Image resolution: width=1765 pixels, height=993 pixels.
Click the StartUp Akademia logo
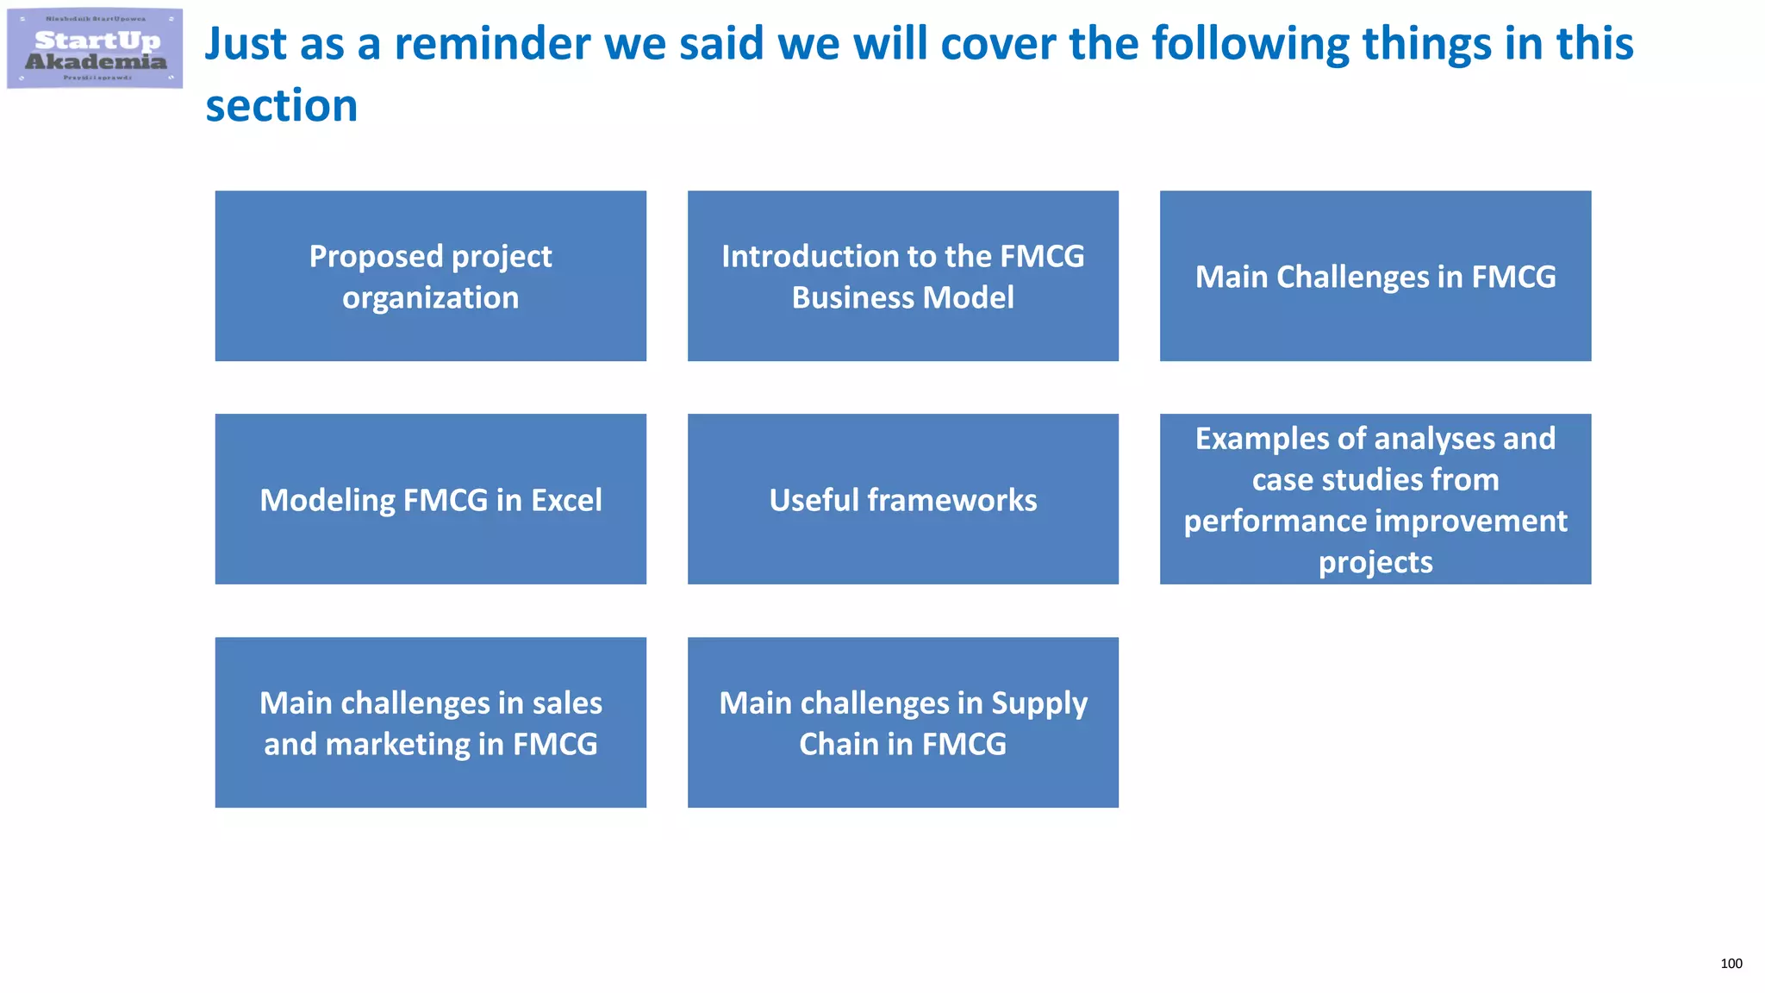[95, 48]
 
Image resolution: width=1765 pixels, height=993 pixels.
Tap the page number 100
[1731, 964]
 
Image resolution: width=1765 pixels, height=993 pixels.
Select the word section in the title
[281, 106]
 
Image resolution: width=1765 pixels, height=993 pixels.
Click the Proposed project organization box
[430, 276]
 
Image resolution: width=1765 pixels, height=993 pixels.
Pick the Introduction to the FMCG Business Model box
[902, 276]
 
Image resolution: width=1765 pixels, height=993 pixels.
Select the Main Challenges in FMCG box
[1375, 276]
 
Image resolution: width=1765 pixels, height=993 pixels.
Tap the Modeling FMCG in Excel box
[430, 499]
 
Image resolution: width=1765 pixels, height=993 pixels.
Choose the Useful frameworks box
[902, 499]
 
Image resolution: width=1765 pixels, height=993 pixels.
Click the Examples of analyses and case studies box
[1375, 499]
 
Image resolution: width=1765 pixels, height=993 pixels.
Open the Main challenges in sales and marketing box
[430, 722]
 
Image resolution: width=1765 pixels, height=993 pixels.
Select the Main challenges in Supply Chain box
[902, 722]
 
